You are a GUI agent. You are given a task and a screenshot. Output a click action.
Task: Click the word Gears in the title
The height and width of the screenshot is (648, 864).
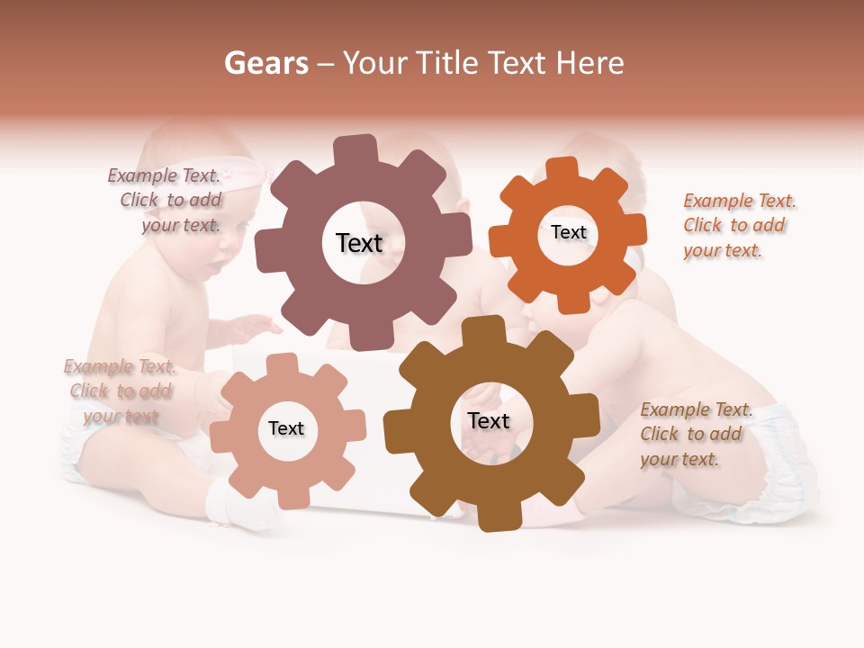tap(265, 63)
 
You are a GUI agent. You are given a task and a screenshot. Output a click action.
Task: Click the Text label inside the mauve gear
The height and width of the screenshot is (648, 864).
tap(359, 243)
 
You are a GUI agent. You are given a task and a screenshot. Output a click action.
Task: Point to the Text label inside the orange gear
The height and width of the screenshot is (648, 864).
tap(568, 232)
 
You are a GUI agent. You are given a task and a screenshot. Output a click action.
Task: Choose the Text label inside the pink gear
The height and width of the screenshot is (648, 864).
tap(286, 428)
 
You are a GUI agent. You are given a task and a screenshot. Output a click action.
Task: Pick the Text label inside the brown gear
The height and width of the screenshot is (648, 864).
tap(489, 421)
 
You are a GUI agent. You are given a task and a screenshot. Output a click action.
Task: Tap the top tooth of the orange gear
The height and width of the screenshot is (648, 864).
tap(562, 168)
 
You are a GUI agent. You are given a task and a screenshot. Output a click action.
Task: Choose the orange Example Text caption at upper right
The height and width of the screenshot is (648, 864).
tap(739, 225)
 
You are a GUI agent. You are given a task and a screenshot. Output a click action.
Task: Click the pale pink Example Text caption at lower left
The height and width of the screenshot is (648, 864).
tap(121, 391)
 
